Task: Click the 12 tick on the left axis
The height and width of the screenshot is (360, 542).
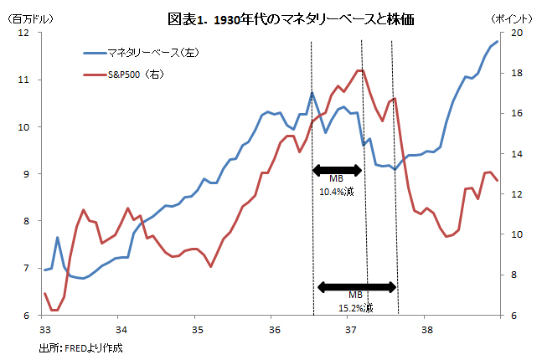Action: (23, 33)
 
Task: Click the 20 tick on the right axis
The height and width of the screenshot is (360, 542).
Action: (515, 33)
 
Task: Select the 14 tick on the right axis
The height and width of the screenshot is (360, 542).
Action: (515, 154)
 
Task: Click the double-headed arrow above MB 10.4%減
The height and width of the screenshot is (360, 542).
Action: (337, 170)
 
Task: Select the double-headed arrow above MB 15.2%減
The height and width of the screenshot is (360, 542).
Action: (356, 286)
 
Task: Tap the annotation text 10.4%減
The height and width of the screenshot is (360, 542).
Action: (337, 192)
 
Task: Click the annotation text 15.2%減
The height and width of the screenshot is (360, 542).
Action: (356, 308)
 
